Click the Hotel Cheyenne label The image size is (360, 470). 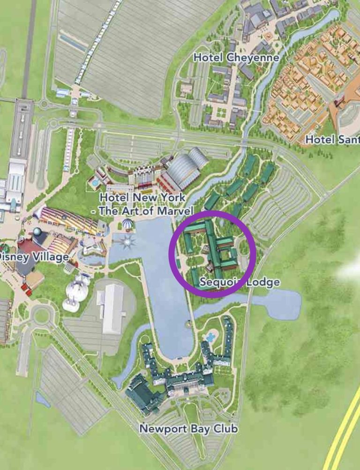click(236, 58)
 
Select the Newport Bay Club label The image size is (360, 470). click(188, 428)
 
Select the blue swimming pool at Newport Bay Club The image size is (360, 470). click(211, 336)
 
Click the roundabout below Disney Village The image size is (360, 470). click(41, 315)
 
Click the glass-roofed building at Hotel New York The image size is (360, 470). click(186, 171)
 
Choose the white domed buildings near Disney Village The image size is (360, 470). click(75, 296)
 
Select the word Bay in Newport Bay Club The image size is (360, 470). click(202, 428)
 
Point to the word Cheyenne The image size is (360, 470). click(253, 58)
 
